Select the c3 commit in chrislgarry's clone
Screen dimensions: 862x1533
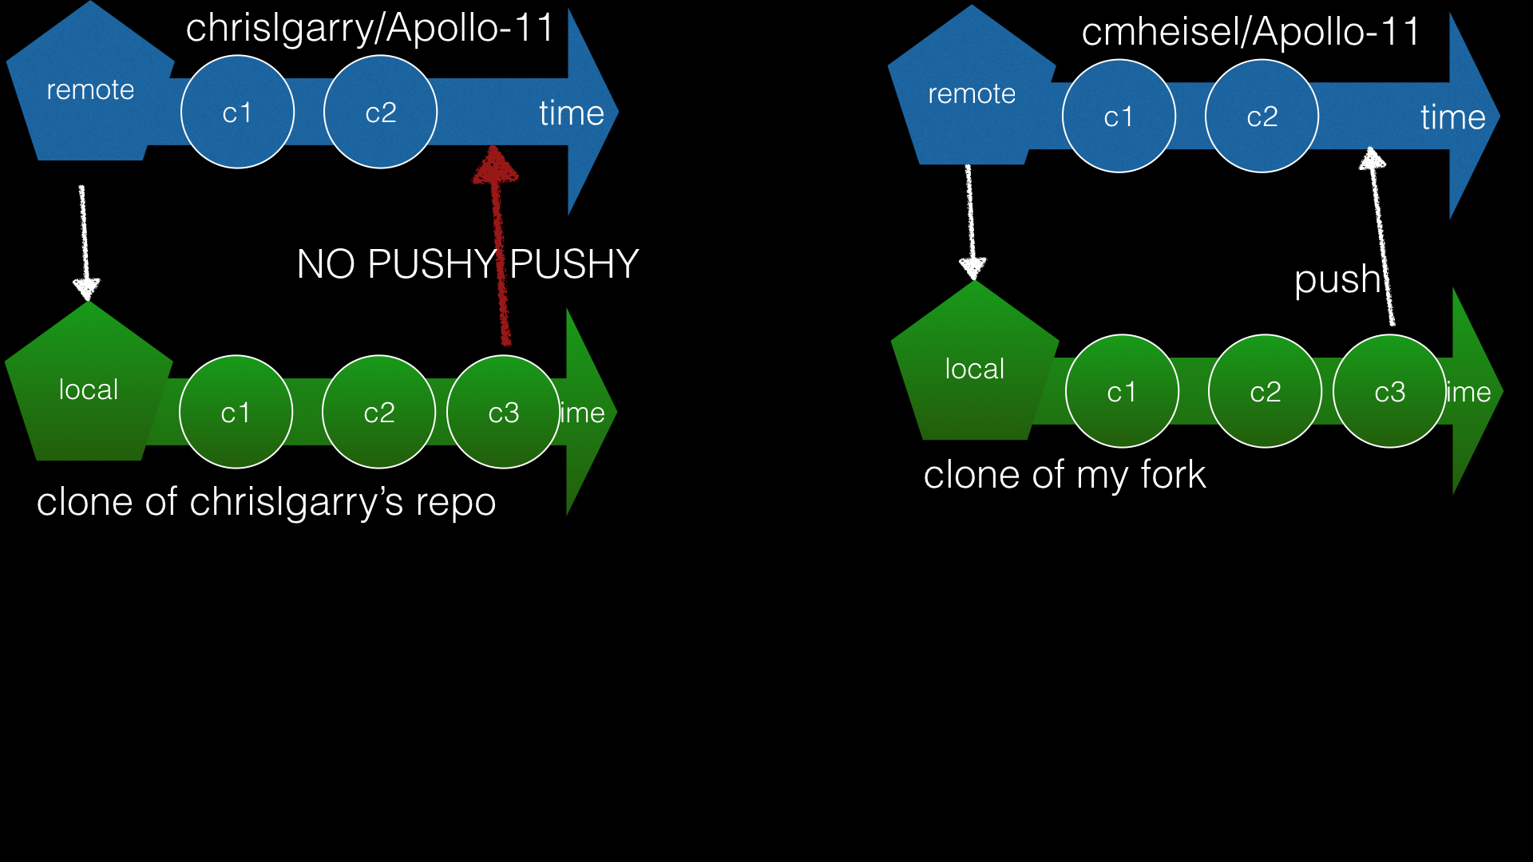pos(503,412)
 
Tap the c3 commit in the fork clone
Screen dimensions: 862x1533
pos(1389,391)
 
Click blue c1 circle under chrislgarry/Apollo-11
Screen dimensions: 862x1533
pos(237,112)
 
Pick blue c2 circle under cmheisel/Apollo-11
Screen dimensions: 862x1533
pos(1262,117)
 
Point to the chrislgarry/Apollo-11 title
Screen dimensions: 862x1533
pos(370,29)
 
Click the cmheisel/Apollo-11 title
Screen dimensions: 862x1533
pos(1250,33)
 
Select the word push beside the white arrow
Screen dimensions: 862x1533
pos(1337,280)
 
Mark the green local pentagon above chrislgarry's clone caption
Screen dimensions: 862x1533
pos(89,389)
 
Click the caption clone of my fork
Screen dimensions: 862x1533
pos(1064,475)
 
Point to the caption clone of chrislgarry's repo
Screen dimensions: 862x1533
pos(266,502)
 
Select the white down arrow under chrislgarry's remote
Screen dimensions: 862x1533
pos(84,239)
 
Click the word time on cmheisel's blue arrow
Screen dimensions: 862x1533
pos(1452,117)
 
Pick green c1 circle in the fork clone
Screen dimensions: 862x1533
pos(1122,391)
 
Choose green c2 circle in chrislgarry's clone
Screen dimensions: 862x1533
pos(378,412)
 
